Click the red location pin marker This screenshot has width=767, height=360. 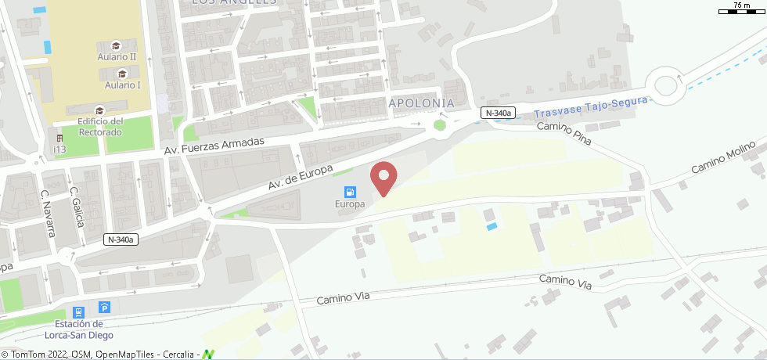383,178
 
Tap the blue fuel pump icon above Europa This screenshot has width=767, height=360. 350,192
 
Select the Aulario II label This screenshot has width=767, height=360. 117,57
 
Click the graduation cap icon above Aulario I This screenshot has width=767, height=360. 122,73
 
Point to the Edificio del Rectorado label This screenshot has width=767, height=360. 100,127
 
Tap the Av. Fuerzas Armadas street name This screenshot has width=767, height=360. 214,146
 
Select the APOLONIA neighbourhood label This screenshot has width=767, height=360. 421,103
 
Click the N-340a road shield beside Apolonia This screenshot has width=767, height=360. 499,113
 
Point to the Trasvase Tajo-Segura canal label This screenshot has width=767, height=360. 592,107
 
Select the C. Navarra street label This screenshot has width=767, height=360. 49,213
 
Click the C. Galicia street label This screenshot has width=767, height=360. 77,206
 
